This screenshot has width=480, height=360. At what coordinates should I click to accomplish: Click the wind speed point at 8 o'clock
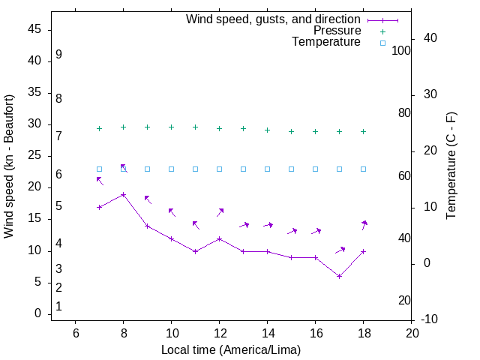pyautogui.click(x=123, y=195)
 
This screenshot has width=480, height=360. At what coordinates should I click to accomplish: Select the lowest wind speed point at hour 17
pyautogui.click(x=339, y=276)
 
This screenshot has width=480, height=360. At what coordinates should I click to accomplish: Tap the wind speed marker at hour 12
pyautogui.click(x=219, y=238)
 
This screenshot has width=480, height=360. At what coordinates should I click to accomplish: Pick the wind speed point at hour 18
pyautogui.click(x=363, y=251)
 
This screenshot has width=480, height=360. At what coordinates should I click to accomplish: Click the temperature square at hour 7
pyautogui.click(x=99, y=169)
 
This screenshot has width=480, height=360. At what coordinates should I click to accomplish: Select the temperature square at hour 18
pyautogui.click(x=363, y=169)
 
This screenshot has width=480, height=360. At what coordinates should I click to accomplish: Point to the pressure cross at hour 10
pyautogui.click(x=171, y=127)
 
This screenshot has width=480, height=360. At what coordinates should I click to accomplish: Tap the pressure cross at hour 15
pyautogui.click(x=291, y=131)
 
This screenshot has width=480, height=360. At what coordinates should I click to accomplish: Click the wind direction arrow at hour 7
pyautogui.click(x=99, y=181)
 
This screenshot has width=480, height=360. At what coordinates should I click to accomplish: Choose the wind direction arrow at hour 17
pyautogui.click(x=340, y=250)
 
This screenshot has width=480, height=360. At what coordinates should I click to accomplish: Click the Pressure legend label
pyautogui.click(x=337, y=31)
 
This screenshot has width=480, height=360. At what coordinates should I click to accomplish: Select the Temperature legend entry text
pyautogui.click(x=326, y=42)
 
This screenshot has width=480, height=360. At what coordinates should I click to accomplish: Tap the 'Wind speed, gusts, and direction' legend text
pyautogui.click(x=273, y=19)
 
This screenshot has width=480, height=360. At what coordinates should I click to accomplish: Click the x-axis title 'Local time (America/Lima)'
pyautogui.click(x=231, y=349)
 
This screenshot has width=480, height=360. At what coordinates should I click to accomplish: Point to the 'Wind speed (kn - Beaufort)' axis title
pyautogui.click(x=9, y=166)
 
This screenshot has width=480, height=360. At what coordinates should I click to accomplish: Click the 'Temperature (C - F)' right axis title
pyautogui.click(x=451, y=166)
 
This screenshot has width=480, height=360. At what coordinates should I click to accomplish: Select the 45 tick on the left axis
pyautogui.click(x=34, y=29)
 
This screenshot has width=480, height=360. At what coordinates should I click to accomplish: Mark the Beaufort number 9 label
pyautogui.click(x=58, y=55)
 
